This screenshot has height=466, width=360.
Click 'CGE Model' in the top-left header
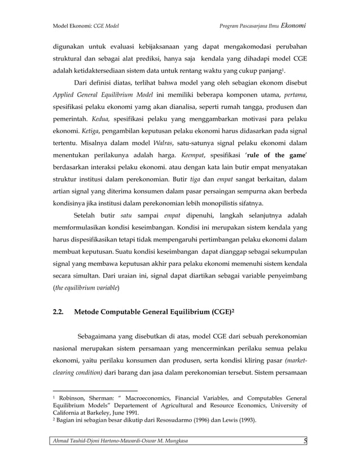click(106, 27)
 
